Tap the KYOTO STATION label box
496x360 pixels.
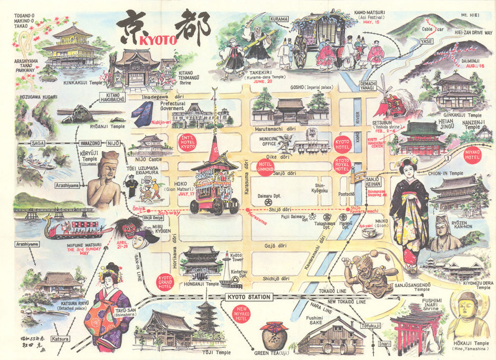click(x=249, y=297)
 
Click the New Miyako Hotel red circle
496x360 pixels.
click(x=242, y=313)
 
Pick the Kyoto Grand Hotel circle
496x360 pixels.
click(x=165, y=282)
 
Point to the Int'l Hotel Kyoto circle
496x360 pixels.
click(x=187, y=142)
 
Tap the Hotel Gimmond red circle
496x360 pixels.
click(x=265, y=168)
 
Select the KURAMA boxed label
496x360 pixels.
click(x=279, y=19)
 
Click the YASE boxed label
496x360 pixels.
click(x=426, y=42)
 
